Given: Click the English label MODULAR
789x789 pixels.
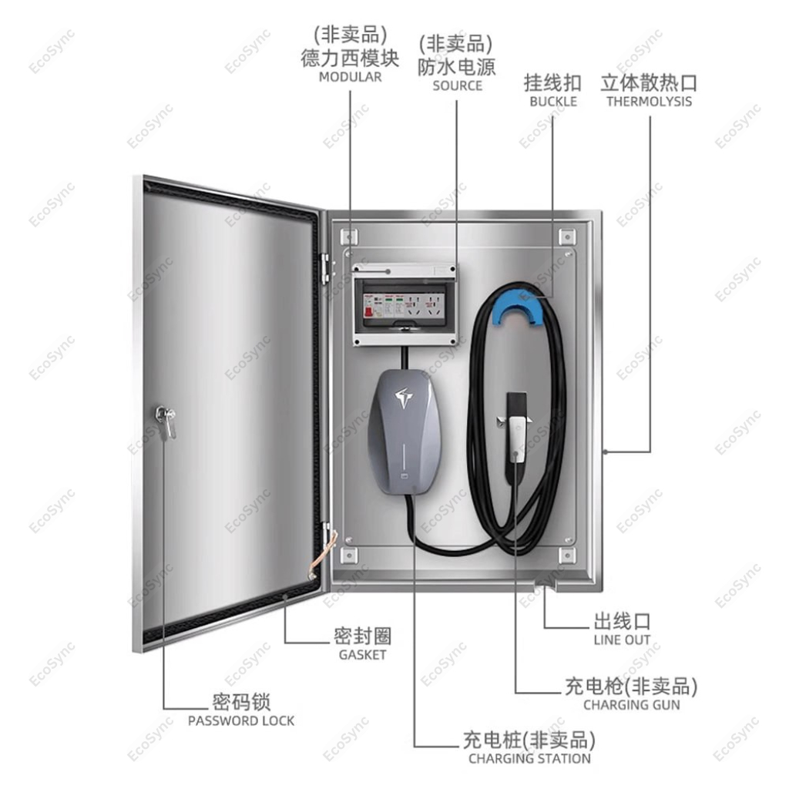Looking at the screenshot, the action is point(350,77).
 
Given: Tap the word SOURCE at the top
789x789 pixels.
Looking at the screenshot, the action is point(457,86).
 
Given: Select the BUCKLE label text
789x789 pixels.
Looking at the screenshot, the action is point(552,101).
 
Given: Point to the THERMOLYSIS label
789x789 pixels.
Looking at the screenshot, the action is point(649,101).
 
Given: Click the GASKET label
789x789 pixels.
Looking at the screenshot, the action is point(362,655).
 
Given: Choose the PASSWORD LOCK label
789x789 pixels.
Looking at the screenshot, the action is point(241,721).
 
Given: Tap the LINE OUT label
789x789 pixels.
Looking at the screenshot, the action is point(622,640).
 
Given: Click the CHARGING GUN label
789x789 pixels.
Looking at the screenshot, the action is point(631,704).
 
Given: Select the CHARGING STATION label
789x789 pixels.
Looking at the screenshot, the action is point(529,758).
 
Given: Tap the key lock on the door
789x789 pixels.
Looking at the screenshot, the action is point(165,420).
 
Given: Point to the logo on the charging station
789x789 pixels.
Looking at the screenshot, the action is point(405,397).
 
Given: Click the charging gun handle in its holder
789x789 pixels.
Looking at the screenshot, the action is point(515,435).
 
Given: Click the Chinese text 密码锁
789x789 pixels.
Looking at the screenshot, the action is point(241,702).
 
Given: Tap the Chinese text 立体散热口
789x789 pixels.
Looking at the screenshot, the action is point(649,82).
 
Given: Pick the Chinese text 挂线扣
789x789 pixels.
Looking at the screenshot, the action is point(552,82).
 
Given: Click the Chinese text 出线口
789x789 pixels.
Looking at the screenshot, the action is point(622,621).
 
